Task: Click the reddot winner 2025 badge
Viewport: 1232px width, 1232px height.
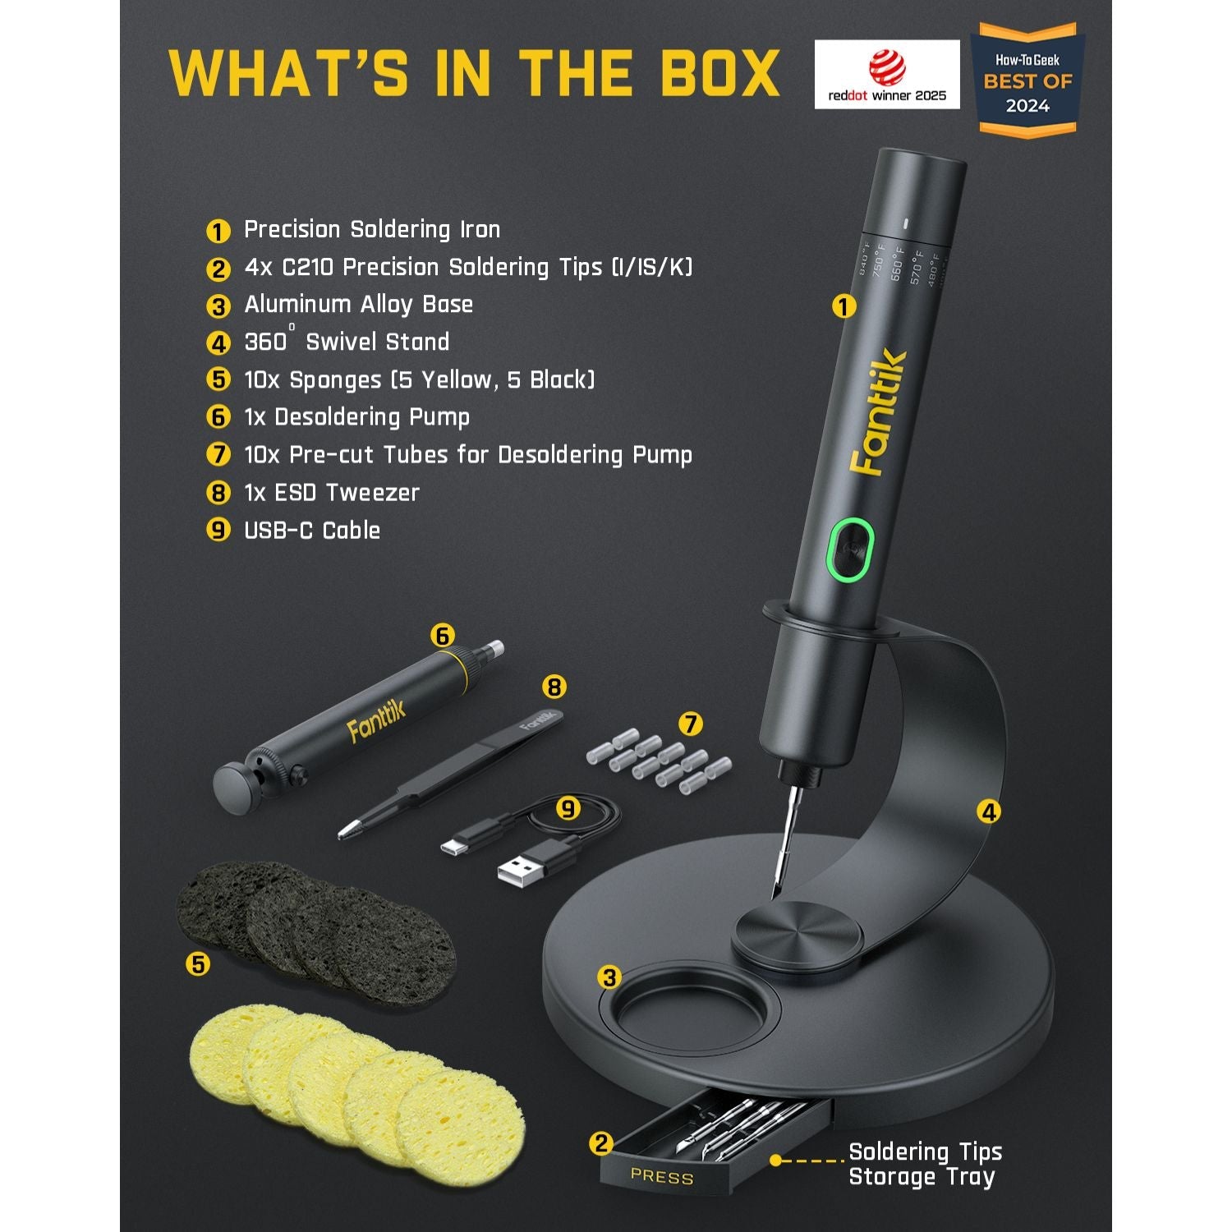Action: (x=886, y=74)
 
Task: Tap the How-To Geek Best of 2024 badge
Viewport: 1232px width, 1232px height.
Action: (x=1027, y=82)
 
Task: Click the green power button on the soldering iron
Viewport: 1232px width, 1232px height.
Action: (x=850, y=548)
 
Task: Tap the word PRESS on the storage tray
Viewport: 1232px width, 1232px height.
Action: (x=662, y=1176)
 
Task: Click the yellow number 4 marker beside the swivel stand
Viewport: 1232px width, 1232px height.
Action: (x=989, y=811)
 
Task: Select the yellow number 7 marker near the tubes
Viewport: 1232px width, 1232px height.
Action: (x=691, y=724)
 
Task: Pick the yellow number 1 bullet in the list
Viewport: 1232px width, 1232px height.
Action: (x=218, y=232)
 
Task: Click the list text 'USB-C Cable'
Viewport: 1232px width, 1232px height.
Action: (x=312, y=531)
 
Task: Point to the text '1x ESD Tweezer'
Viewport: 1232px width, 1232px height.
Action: (x=332, y=493)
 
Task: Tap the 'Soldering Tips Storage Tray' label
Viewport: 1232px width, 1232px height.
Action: (x=925, y=1164)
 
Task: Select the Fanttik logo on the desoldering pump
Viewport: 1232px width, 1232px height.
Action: (x=376, y=722)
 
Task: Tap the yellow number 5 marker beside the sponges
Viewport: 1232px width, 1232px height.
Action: (x=198, y=963)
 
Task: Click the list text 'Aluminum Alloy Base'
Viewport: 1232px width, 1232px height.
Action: (x=358, y=305)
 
